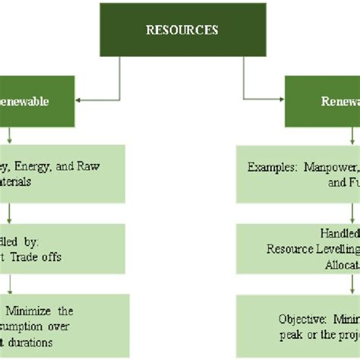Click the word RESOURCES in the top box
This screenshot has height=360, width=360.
(182, 30)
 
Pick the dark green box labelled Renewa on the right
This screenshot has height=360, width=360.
(322, 101)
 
